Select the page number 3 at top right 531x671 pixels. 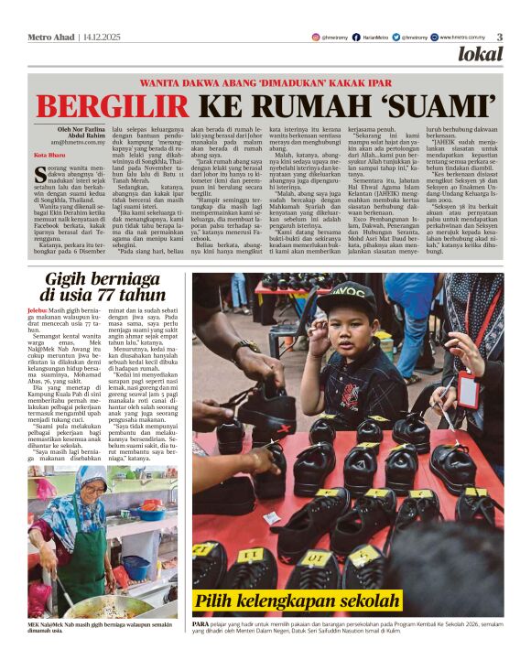click(x=500, y=37)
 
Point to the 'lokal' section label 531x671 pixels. click(x=481, y=54)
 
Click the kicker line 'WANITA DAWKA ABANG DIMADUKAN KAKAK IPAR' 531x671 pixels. click(x=265, y=81)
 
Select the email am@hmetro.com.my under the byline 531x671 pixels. click(x=81, y=143)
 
